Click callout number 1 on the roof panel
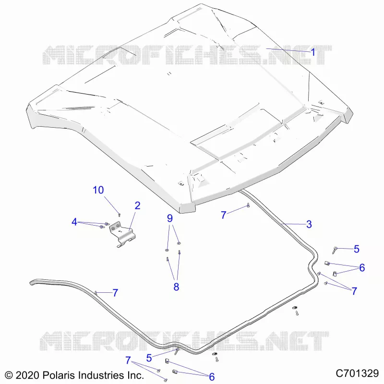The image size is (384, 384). [313, 52]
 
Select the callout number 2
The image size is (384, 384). [137, 206]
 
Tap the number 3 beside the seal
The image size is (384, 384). [309, 224]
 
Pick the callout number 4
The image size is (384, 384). [74, 222]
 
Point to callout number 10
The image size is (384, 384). [98, 190]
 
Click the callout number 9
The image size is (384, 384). [170, 218]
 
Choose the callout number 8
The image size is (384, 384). [176, 287]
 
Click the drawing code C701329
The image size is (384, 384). [357, 373]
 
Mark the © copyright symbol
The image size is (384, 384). [9, 375]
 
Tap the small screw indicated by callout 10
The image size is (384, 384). [119, 215]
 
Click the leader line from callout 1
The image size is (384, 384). [288, 50]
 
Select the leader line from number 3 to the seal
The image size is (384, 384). [294, 224]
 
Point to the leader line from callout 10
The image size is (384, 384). [111, 204]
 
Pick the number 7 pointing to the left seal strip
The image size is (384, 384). [115, 293]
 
